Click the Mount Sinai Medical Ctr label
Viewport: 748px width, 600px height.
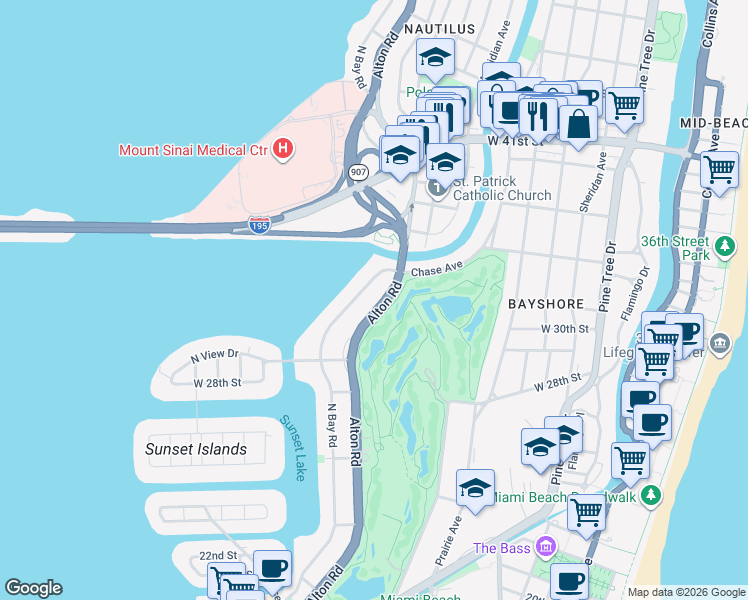click(194, 150)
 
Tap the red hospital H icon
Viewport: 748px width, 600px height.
click(284, 150)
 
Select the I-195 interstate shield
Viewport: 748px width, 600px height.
click(258, 225)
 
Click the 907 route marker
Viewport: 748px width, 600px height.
click(359, 172)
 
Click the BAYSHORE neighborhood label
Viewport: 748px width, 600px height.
click(546, 302)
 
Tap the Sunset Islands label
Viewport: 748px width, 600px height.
click(196, 449)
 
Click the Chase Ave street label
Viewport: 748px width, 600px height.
click(437, 269)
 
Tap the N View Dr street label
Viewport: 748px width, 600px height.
click(215, 354)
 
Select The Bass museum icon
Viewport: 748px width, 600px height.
click(545, 547)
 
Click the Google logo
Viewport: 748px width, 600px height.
click(33, 588)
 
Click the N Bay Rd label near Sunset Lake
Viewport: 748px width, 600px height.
click(332, 425)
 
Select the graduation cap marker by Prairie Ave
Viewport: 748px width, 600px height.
click(475, 488)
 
